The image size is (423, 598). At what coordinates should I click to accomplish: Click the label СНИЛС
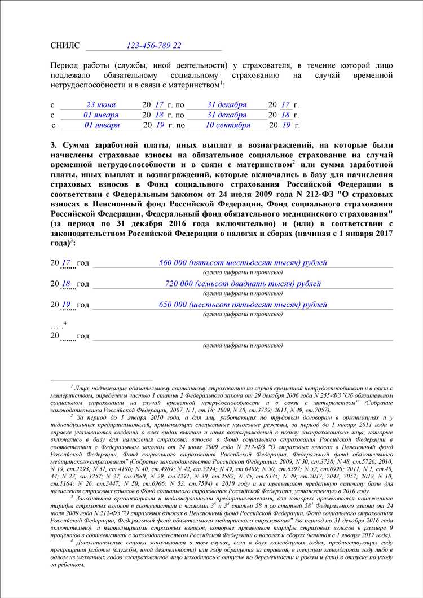pos(65,45)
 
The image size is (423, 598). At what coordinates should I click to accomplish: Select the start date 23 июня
pos(101,105)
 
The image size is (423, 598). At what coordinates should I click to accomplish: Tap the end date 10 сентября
pos(228,125)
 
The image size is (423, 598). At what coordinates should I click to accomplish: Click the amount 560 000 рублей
pos(243,263)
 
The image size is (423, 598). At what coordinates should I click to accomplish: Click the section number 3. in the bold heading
pos(54,145)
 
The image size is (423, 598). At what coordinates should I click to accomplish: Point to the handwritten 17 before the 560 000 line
pos(67,263)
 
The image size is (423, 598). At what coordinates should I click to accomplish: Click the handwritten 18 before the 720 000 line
pos(67,284)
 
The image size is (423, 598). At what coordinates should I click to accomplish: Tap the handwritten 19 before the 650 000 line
pos(67,305)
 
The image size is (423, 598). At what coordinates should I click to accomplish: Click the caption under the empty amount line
pos(243,345)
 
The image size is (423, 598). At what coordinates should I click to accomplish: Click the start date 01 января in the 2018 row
pos(101,115)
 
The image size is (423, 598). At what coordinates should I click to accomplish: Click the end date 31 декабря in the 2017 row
pos(227,105)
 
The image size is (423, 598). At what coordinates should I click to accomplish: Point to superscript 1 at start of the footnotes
pos(72,386)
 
